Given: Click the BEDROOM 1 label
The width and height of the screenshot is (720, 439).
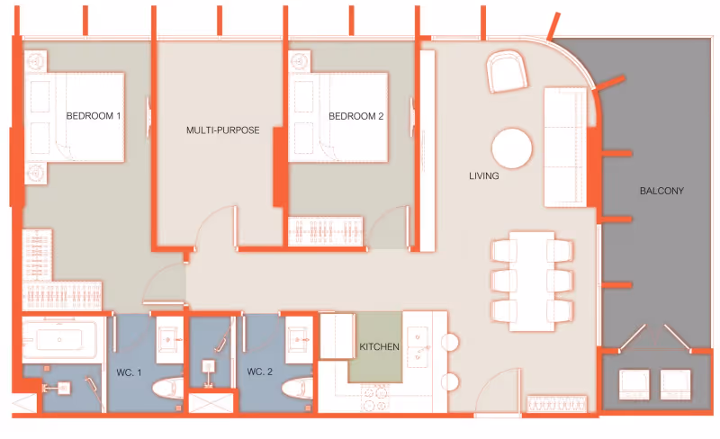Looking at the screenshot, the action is (94, 116).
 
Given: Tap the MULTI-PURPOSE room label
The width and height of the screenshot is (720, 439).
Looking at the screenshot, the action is (222, 130).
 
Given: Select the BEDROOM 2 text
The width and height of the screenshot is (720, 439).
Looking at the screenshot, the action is (355, 116).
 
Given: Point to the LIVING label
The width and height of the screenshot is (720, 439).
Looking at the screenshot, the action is (483, 175).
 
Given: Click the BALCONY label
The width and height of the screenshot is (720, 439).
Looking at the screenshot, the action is (661, 191).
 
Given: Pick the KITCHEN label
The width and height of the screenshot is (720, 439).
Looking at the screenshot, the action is (379, 346).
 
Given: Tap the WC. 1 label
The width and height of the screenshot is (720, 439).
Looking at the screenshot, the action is (129, 372).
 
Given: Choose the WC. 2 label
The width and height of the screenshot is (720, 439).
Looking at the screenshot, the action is (259, 372).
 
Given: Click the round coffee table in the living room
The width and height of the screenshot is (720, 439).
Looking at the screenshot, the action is (511, 148).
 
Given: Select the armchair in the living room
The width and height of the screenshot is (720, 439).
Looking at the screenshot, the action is (507, 72).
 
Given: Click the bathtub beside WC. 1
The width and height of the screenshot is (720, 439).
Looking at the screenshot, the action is (59, 339).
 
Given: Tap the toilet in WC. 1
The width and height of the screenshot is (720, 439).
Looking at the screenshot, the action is (167, 389).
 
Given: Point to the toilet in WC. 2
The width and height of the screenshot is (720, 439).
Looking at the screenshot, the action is (298, 388).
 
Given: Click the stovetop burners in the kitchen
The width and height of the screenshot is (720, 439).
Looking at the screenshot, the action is (374, 399).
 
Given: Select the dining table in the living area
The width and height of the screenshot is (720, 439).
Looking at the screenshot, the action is (532, 281).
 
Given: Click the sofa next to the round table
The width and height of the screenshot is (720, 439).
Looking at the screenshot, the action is (565, 147).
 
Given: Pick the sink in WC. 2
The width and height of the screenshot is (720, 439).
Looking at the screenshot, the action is (298, 340).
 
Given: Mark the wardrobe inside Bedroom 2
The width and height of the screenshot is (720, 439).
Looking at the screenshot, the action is (326, 231).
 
